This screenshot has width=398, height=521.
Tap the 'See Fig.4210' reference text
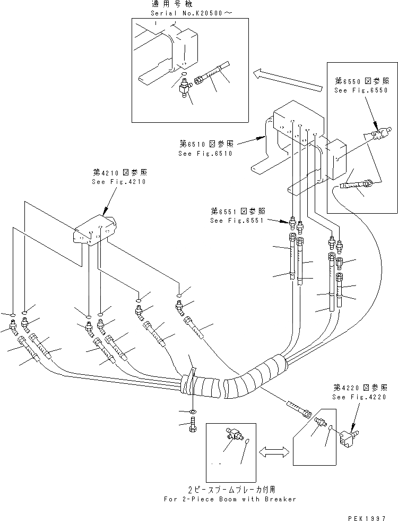click(x=119, y=181)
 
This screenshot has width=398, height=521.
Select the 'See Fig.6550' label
click(x=354, y=90)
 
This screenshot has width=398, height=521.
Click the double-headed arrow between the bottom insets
click(x=273, y=450)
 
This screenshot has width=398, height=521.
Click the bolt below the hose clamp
click(x=193, y=426)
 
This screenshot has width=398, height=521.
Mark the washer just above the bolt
click(x=193, y=411)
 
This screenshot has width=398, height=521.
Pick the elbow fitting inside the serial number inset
click(x=186, y=86)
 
